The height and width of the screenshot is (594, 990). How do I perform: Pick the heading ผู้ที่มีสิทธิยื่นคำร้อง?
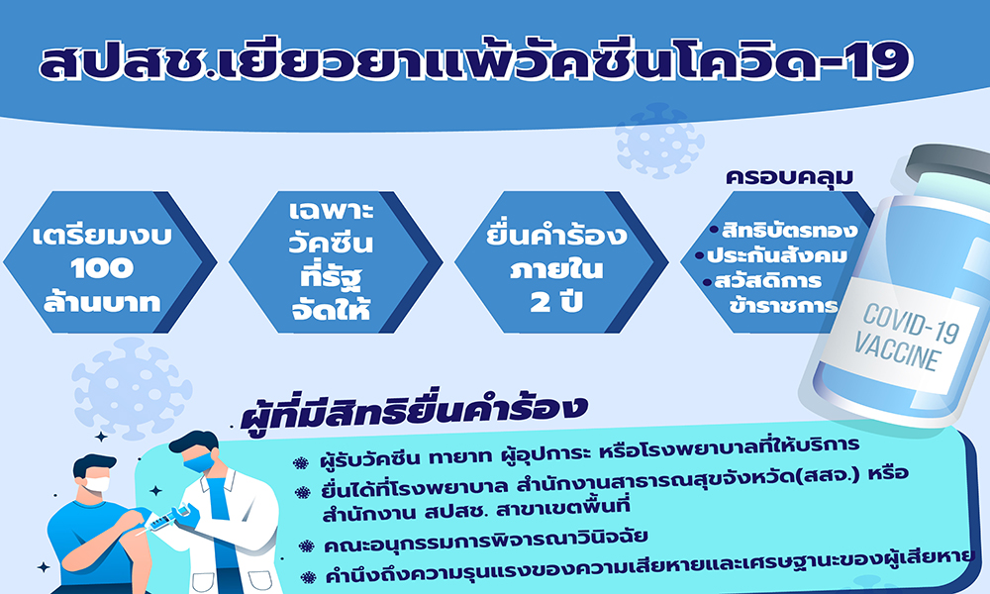[x=415, y=412]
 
